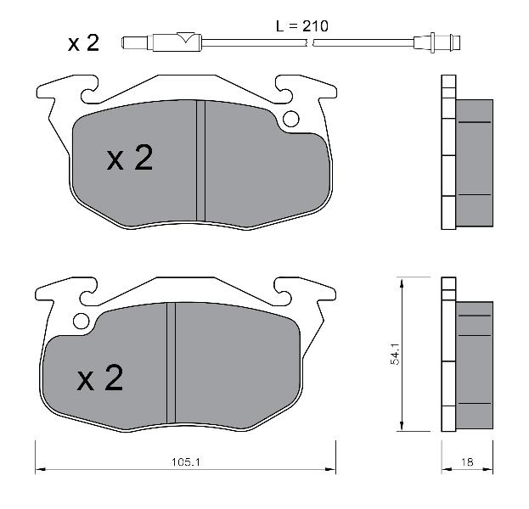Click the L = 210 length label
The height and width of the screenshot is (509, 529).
[x=302, y=26]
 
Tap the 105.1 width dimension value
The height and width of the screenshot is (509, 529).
[x=186, y=461]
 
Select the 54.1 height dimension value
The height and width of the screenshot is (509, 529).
[x=395, y=354]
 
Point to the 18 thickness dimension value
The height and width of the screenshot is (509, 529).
[x=467, y=461]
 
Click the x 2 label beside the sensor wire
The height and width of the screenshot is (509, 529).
[x=83, y=43]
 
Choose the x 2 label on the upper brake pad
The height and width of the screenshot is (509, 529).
[x=130, y=158]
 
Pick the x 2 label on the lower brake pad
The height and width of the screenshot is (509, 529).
[x=100, y=378]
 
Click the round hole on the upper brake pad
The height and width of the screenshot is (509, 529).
[x=290, y=119]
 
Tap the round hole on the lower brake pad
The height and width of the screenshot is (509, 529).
[x=82, y=321]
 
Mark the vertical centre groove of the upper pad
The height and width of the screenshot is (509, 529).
[x=200, y=161]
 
